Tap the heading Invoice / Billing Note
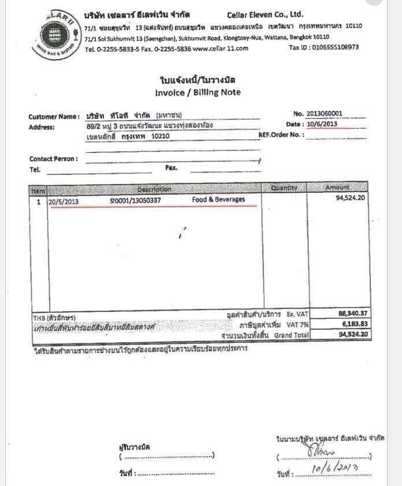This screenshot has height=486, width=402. (198, 92)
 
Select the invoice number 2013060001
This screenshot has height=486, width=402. (327, 113)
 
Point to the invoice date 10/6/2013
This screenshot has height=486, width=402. (322, 124)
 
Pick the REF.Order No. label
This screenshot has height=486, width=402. (281, 135)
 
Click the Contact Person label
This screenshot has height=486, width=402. (53, 159)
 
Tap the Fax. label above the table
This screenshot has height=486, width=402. (171, 168)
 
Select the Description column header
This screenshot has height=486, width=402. (154, 189)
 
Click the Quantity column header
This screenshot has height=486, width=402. (284, 188)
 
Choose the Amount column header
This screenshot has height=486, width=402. (337, 188)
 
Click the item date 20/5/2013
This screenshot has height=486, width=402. (64, 201)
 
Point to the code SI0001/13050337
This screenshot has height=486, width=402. (135, 200)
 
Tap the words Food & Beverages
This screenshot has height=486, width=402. (218, 200)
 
